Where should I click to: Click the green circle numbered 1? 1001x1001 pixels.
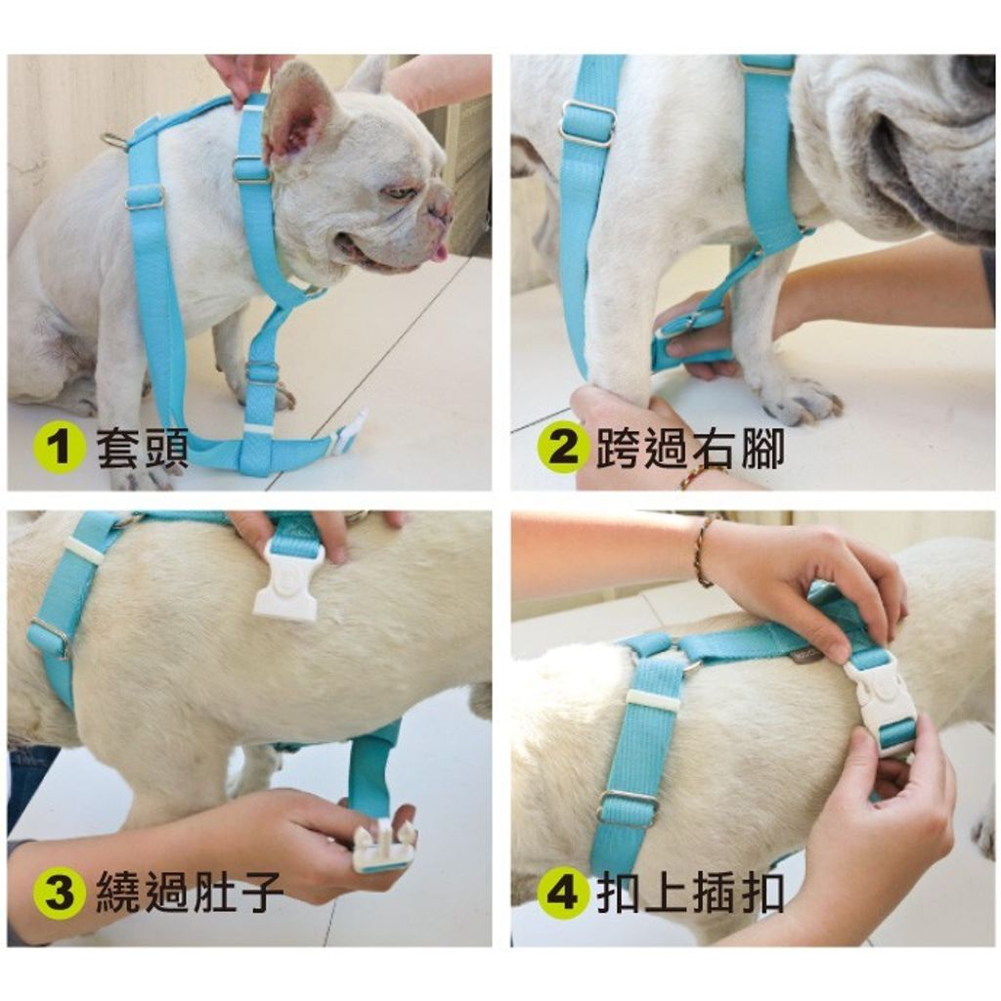(x=59, y=447)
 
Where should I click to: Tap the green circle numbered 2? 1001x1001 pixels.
(x=562, y=447)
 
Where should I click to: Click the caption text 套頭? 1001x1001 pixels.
(x=143, y=448)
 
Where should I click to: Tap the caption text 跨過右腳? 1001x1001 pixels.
(x=690, y=448)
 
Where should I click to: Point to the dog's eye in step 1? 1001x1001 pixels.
(x=400, y=193)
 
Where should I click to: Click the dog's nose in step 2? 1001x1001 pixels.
(x=976, y=70)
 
